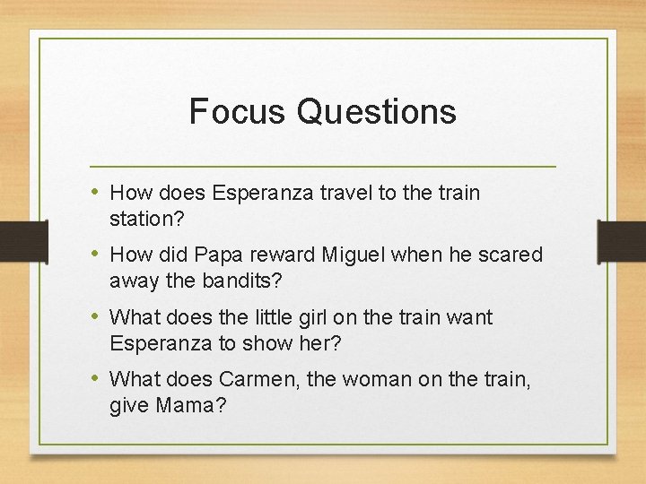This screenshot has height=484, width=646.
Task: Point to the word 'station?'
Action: (x=144, y=218)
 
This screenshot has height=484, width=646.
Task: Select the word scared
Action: (x=511, y=255)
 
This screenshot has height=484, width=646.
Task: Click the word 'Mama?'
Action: (x=191, y=405)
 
